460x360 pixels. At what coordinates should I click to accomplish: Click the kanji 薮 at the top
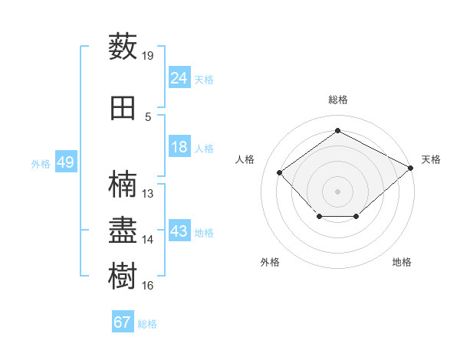coord(123,46)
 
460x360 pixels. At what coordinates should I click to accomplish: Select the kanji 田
coord(123,108)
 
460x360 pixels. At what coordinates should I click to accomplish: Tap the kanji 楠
coord(123,184)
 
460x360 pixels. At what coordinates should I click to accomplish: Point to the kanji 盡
coord(123,230)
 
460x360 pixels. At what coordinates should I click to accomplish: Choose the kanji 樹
coord(123,276)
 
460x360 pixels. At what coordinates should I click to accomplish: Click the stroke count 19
coord(147,56)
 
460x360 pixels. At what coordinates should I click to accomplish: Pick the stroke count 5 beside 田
coord(148,117)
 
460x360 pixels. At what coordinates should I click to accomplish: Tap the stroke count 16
coord(147,286)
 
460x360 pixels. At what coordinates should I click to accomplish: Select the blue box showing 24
coord(179,77)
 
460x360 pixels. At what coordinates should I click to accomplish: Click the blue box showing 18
coord(179,146)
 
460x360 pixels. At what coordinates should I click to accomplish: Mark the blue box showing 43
coord(179,230)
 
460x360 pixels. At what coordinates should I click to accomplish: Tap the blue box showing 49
coord(66,162)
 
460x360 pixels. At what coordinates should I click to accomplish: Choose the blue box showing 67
coord(123,321)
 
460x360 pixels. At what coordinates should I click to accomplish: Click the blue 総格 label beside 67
coord(147,324)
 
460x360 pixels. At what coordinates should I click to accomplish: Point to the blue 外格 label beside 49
coord(41,164)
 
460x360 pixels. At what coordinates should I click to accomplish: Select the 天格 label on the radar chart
coord(431,159)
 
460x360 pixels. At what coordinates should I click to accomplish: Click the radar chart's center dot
coord(337,191)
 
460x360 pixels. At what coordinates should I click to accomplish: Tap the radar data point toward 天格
coord(410,168)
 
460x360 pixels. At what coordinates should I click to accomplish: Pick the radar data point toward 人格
coord(279,172)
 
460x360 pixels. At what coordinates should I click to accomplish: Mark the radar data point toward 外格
coord(320,216)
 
